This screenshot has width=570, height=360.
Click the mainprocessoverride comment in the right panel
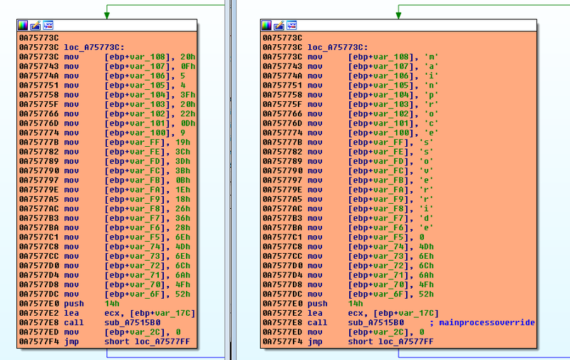pyautogui.click(x=487, y=322)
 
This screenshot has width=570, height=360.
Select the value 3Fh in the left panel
pyautogui.click(x=188, y=95)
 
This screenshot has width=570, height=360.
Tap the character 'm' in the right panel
pyautogui.click(x=432, y=57)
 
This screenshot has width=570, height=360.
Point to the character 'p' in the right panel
pyautogui.click(x=432, y=95)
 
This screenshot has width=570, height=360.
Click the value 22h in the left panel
pyautogui.click(x=188, y=114)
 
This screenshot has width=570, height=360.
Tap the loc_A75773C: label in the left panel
pyautogui.click(x=94, y=47)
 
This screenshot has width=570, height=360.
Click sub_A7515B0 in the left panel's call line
pyautogui.click(x=133, y=322)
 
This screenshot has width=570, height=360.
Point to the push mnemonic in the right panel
pyautogui.click(x=317, y=304)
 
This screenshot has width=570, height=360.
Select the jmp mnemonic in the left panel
pyautogui.click(x=71, y=341)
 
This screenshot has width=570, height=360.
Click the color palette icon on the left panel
pyautogui.click(x=23, y=25)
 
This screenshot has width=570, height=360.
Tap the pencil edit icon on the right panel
pyautogui.click(x=279, y=25)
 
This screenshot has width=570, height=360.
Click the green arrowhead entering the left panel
pyautogui.click(x=107, y=15)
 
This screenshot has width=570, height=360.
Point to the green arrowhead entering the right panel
pyautogui.click(x=398, y=15)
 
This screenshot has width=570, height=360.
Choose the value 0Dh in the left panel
pyautogui.click(x=188, y=123)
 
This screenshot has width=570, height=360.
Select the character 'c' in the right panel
pyautogui.click(x=432, y=123)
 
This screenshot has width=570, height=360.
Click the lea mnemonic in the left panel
pyautogui.click(x=71, y=313)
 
